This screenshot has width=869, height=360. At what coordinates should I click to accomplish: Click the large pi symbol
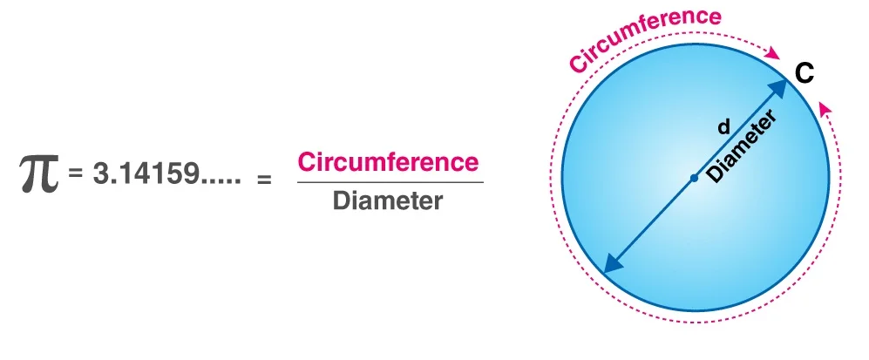click(x=39, y=174)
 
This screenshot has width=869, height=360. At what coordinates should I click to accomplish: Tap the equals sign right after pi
click(x=76, y=173)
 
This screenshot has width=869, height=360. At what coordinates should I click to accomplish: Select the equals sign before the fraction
click(x=263, y=180)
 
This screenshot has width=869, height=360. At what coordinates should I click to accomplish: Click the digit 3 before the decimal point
click(x=99, y=173)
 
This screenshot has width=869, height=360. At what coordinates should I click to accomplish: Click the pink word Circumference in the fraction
click(x=388, y=162)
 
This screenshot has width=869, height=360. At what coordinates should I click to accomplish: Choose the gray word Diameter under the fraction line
click(x=388, y=200)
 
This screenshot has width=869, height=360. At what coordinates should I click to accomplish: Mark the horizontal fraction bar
click(x=388, y=182)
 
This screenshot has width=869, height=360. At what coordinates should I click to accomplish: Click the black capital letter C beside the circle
click(x=805, y=73)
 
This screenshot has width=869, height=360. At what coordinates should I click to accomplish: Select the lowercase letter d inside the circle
click(x=723, y=127)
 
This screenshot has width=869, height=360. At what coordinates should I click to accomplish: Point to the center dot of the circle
click(x=694, y=178)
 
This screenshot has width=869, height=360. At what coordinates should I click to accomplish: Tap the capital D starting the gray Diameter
click(x=341, y=200)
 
